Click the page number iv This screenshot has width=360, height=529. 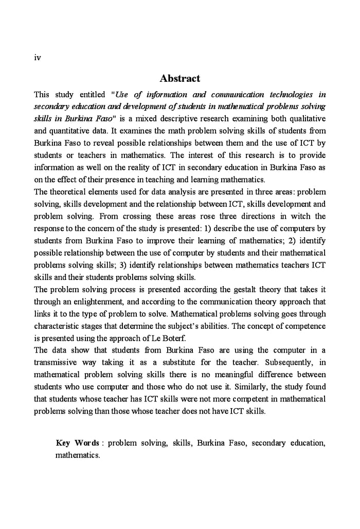point(37,58)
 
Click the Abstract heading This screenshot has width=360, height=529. point(179,79)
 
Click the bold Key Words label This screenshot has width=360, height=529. point(77,443)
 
